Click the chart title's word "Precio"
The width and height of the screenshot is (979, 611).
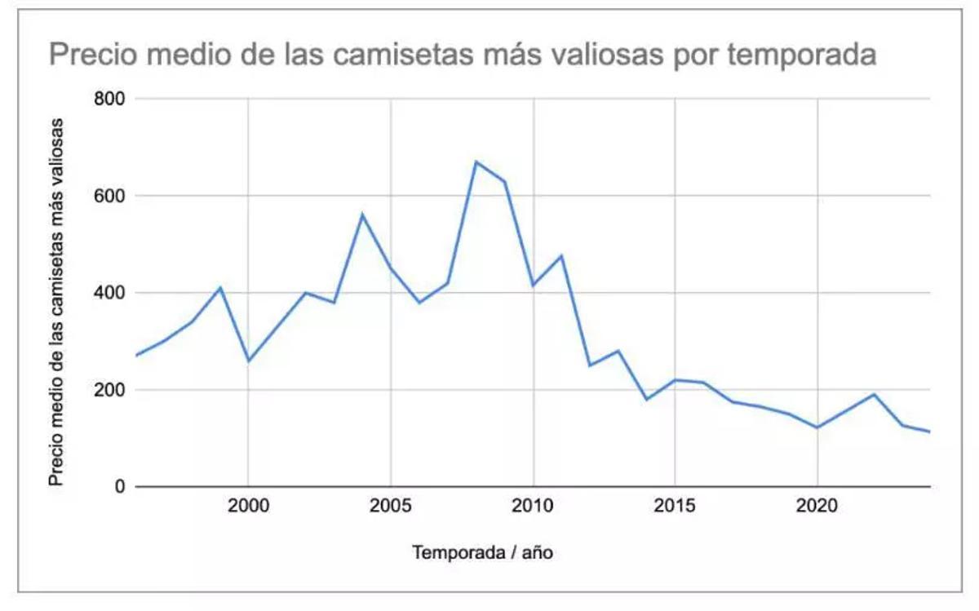[x=92, y=55]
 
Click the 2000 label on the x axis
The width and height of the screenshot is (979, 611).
[x=248, y=507]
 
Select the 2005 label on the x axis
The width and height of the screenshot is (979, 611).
[x=391, y=507]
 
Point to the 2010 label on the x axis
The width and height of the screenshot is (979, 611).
[x=533, y=507]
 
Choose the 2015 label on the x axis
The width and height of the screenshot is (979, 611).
[x=676, y=507]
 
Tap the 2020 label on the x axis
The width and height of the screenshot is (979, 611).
[x=817, y=507]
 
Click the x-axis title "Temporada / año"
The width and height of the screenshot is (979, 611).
[x=484, y=553]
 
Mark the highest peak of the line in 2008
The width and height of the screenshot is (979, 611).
[x=476, y=162]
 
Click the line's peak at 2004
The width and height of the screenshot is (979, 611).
[x=362, y=215]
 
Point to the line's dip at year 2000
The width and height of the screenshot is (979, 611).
[x=248, y=361]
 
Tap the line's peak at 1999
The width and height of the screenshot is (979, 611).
[x=220, y=287]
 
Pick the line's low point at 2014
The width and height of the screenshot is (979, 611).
[x=647, y=399]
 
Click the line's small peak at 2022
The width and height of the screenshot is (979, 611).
[x=875, y=395]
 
